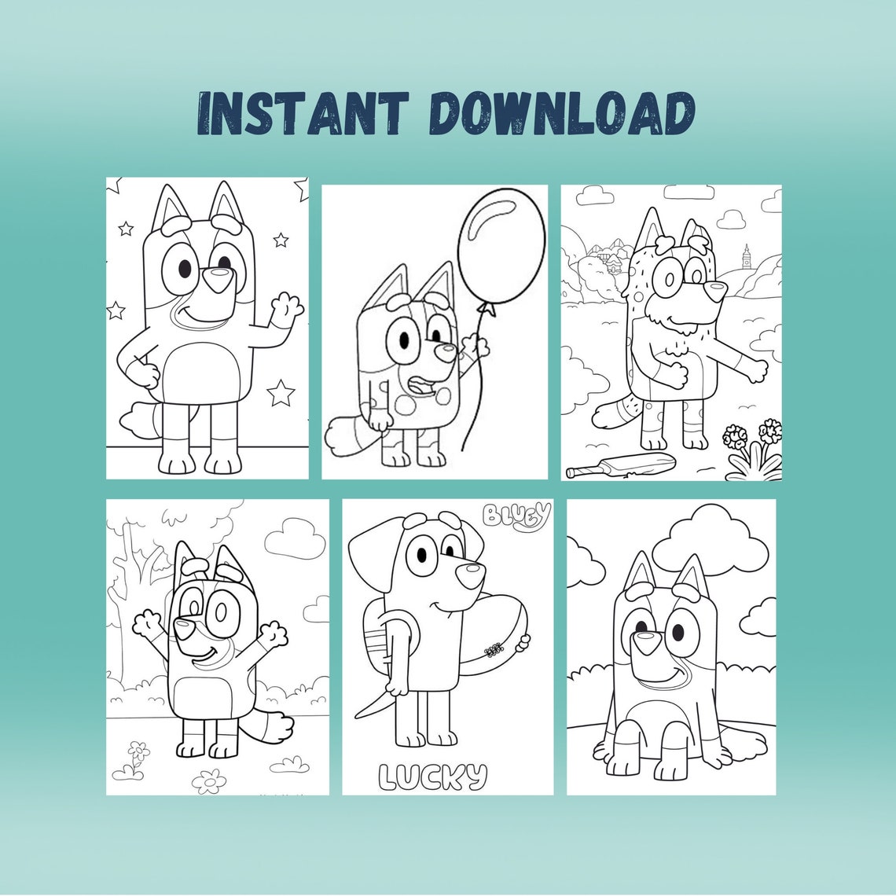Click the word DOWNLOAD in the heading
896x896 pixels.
tap(564, 115)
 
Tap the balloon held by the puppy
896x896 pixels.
tap(501, 248)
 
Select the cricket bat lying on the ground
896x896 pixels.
tap(621, 465)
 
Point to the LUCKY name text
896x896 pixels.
tap(432, 777)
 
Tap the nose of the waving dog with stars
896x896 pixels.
tap(217, 276)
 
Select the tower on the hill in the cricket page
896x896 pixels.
tap(746, 255)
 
